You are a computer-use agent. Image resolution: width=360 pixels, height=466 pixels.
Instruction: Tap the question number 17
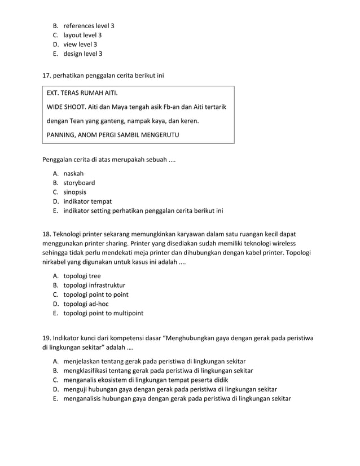click(47, 74)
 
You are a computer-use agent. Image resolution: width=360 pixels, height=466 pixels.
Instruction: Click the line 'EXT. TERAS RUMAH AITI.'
click(82, 93)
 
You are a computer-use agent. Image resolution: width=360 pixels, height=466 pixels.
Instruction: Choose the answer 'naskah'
click(73, 173)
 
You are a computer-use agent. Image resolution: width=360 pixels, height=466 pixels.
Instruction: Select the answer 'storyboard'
click(79, 183)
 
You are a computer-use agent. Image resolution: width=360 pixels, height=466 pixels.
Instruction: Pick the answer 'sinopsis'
click(74, 192)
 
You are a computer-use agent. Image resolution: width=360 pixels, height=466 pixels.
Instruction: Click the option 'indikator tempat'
click(87, 201)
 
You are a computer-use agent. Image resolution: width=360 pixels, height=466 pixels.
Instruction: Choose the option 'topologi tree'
click(82, 276)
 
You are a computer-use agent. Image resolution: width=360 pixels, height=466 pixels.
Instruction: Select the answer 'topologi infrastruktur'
click(94, 285)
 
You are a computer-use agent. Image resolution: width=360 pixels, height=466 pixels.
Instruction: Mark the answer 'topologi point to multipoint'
click(103, 313)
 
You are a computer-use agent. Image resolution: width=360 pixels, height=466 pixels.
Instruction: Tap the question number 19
click(47, 338)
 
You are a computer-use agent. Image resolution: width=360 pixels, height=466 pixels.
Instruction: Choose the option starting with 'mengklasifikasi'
click(158, 371)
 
